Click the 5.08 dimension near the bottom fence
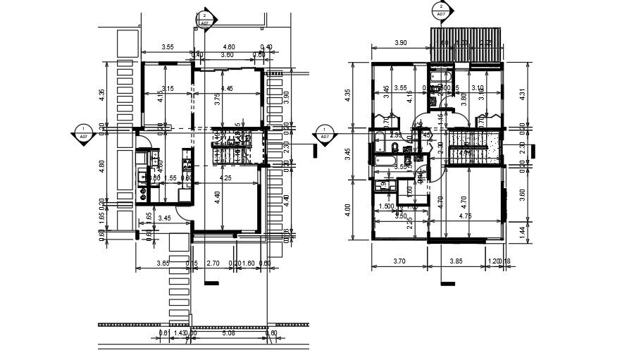[x=228, y=333]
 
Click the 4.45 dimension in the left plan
[x=226, y=89]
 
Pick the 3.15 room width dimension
[x=168, y=89]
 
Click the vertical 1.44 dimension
[x=523, y=229]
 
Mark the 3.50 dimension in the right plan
[x=401, y=216]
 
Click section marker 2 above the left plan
[x=204, y=18]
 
